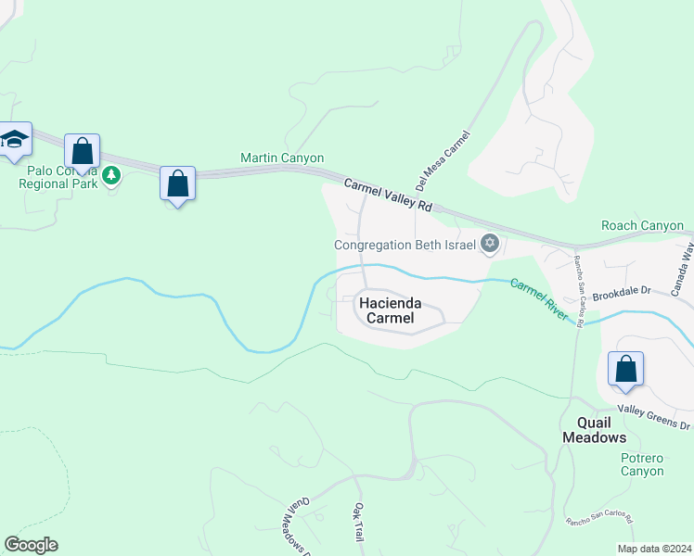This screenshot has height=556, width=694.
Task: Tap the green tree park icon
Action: click(x=111, y=173)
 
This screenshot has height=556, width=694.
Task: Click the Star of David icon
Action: click(x=490, y=245)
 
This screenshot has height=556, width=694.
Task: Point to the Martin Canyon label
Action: click(x=282, y=158)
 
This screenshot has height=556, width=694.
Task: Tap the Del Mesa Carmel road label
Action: click(x=444, y=159)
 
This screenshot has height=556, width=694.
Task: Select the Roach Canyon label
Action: click(x=642, y=225)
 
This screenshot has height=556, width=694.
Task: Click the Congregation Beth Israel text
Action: click(x=405, y=246)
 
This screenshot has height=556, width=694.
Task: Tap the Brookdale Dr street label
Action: click(x=623, y=290)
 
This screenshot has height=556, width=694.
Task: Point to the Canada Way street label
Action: click(x=682, y=270)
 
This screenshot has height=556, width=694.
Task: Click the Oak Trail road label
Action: click(x=358, y=524)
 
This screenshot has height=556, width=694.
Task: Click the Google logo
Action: click(x=31, y=545)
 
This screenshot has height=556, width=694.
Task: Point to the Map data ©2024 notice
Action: click(x=654, y=549)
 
